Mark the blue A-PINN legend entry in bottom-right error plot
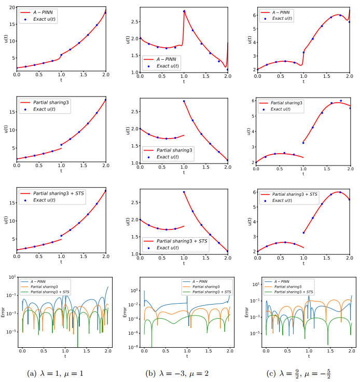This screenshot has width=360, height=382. tap(294, 281)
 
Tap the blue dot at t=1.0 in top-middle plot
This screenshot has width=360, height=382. tap(184, 11)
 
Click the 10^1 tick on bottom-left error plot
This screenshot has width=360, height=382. tap(13, 277)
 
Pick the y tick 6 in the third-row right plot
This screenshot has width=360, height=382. tap(251, 192)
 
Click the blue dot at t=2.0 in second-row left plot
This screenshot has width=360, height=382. tap(105, 100)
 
